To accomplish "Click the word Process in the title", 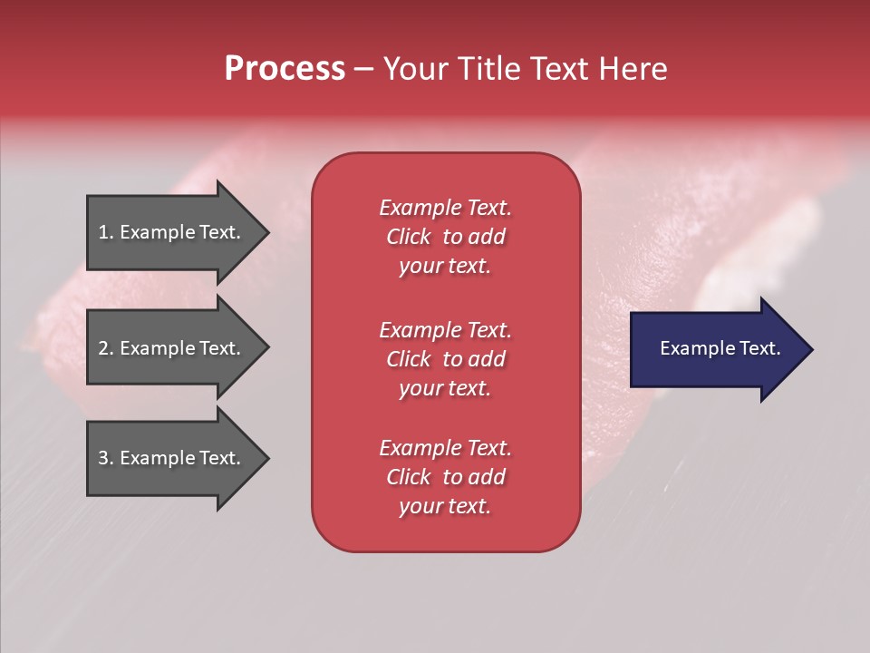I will pos(285,69).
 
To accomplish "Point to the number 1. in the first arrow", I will pos(105,232).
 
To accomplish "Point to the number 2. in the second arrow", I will pos(105,348).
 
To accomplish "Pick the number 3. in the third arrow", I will pos(105,458).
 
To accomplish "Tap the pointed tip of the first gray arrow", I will pos(265,232).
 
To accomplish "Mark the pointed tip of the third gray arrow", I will pos(265,459).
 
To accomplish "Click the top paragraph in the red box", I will pos(445,237).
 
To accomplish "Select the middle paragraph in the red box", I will pos(445,358).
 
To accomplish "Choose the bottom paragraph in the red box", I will pos(445,477).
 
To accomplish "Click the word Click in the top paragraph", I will pos(408,237).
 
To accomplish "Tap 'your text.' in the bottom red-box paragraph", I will pos(445,506).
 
